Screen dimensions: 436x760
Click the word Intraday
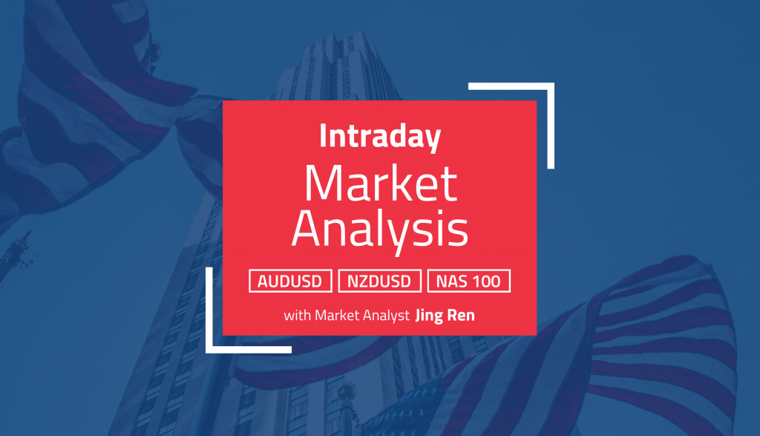tap(379, 137)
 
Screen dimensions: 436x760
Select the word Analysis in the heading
tap(379, 230)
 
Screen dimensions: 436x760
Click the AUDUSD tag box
tap(290, 281)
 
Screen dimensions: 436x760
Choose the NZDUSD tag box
tap(379, 281)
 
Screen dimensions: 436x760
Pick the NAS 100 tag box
tap(468, 281)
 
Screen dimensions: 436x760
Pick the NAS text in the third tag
tap(452, 281)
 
